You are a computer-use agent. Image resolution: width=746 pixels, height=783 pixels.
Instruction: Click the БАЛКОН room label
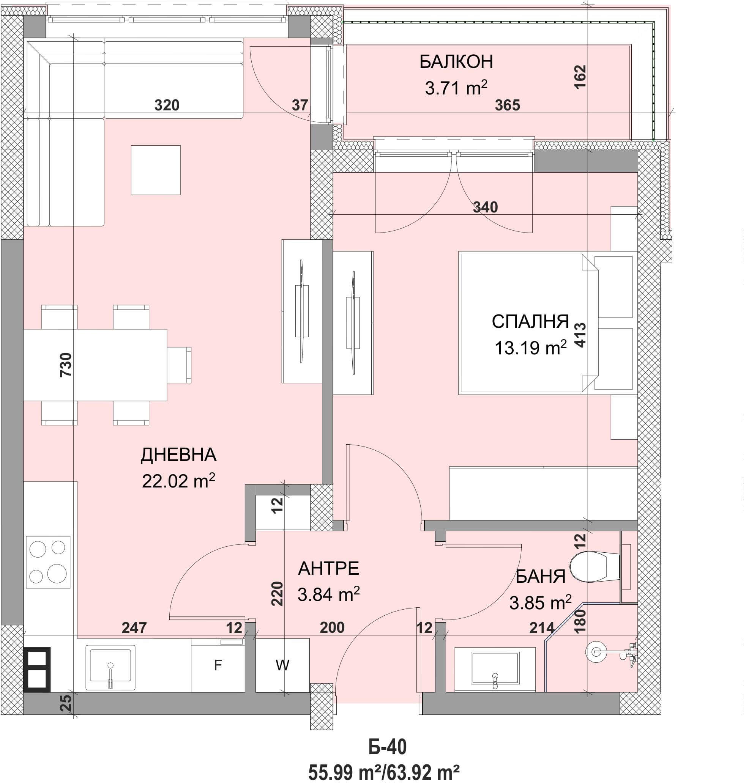click(456, 62)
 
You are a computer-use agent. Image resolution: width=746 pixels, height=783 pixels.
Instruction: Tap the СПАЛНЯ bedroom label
click(530, 321)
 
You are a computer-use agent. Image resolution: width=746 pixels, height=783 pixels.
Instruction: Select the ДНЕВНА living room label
click(178, 455)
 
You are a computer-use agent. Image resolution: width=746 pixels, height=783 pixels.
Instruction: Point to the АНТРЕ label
click(328, 569)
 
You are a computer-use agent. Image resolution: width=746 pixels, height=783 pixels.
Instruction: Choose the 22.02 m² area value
click(178, 481)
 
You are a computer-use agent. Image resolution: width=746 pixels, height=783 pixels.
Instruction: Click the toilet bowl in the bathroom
click(595, 566)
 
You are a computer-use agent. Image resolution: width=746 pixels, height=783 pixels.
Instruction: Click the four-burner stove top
click(48, 562)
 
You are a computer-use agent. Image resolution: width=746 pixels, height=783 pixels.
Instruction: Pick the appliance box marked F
click(218, 665)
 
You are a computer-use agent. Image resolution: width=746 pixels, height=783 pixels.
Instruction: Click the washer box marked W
click(282, 665)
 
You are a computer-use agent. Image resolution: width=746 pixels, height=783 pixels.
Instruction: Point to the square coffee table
click(156, 170)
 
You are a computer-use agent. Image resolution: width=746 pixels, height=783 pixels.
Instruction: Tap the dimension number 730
click(66, 365)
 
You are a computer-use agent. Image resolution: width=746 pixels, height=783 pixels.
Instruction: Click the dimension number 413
click(580, 335)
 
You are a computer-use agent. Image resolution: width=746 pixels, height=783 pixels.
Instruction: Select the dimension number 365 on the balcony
click(508, 105)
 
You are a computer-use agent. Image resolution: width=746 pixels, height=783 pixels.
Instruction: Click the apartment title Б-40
click(387, 747)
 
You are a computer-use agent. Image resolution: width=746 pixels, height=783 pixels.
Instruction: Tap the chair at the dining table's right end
click(179, 365)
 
